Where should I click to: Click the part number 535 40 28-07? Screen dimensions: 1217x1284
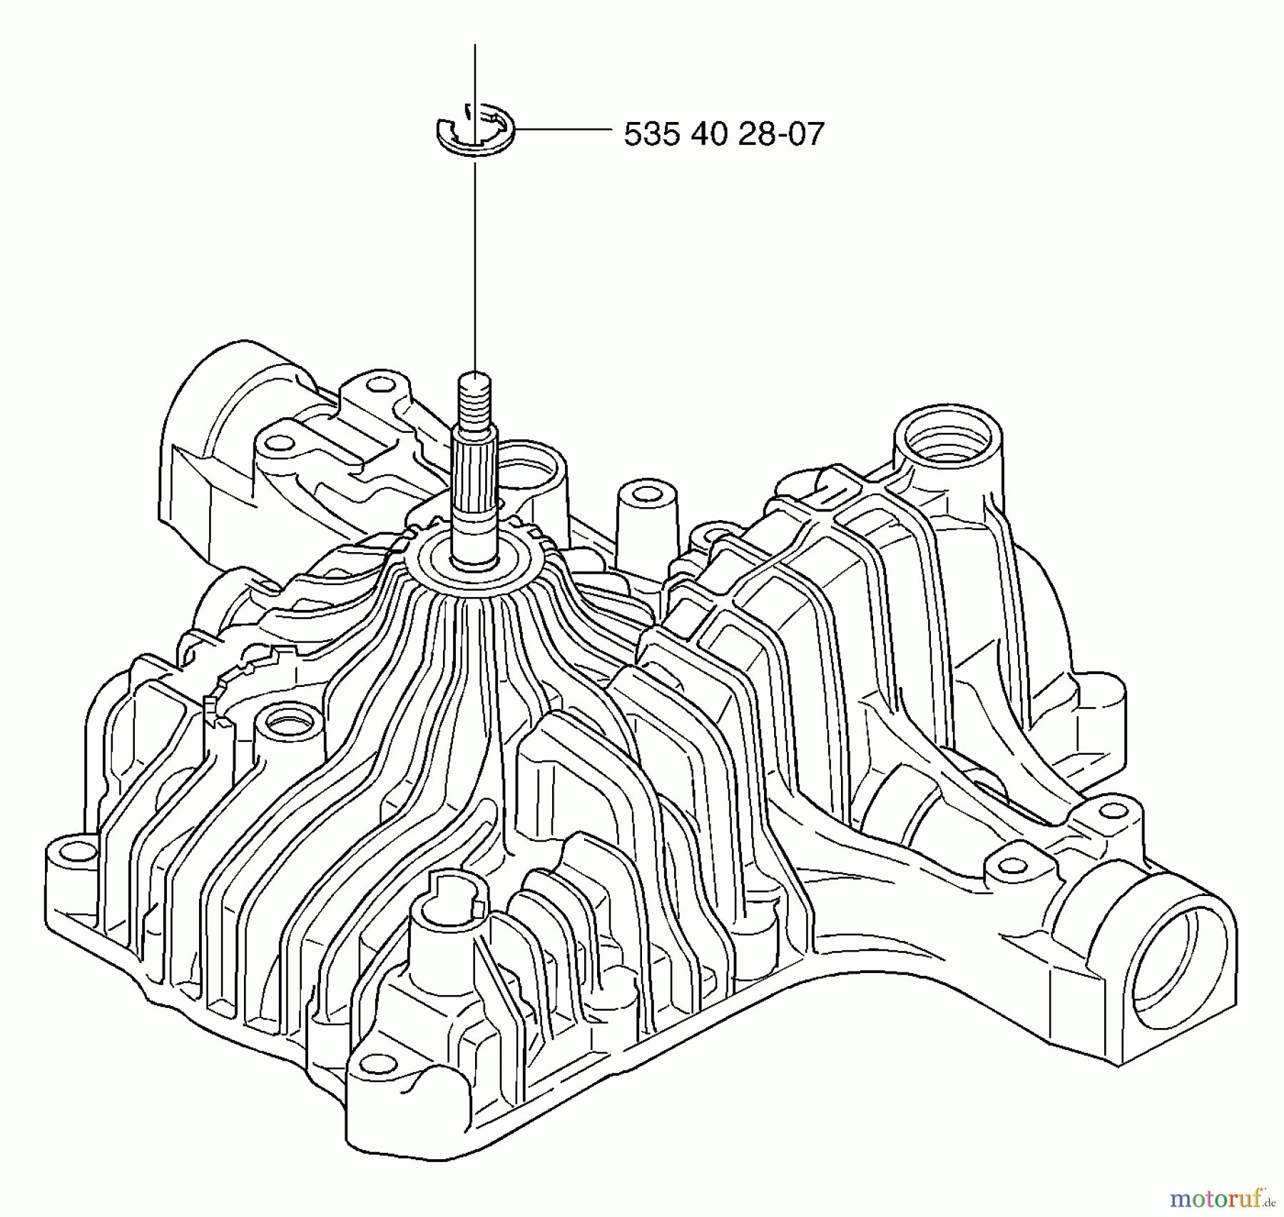point(723,134)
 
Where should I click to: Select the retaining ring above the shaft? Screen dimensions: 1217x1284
point(474,128)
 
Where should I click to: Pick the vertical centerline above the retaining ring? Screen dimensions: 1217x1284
point(474,71)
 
